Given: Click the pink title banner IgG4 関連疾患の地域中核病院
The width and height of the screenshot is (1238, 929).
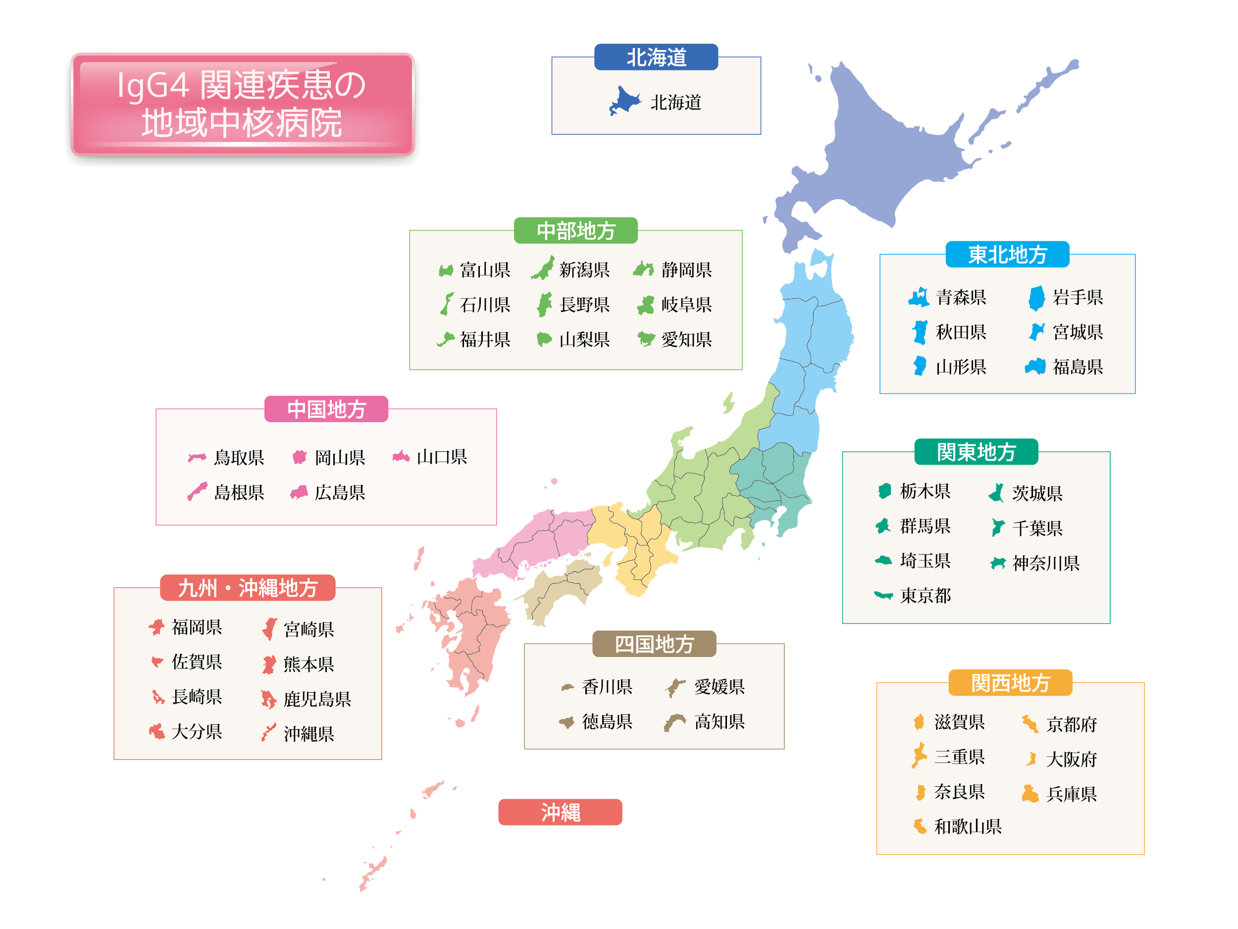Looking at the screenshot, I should (x=242, y=104).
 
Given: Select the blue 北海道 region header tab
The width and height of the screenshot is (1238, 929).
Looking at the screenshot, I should (x=656, y=57).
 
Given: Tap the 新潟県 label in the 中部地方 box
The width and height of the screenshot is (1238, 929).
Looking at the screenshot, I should (x=584, y=270).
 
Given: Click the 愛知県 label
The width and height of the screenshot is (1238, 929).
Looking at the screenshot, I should (x=686, y=339).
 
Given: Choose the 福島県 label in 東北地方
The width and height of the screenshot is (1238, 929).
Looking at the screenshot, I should (x=1078, y=367).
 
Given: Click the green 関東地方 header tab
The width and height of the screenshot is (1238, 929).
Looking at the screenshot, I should (x=976, y=452).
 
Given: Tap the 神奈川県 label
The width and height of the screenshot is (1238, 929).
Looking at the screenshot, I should (x=1045, y=563).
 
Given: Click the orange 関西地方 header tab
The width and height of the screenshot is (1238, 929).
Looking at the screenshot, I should (x=1010, y=683).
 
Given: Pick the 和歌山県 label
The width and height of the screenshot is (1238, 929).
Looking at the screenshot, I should (x=968, y=826).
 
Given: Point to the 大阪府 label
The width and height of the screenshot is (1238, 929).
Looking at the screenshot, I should (x=1071, y=760).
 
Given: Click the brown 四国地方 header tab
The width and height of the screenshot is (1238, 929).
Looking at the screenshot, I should (x=654, y=644).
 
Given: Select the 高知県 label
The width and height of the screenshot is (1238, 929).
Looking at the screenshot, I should (x=719, y=722).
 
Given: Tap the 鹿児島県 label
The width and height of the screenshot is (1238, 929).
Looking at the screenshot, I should (x=317, y=699).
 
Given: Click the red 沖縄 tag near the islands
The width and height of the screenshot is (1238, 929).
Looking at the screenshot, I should (x=560, y=812).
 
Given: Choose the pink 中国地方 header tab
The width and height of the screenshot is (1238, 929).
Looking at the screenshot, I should (x=326, y=409).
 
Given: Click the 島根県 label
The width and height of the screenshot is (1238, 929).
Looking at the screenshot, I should (x=239, y=492).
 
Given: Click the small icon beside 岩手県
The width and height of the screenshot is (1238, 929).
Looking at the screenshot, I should (x=1036, y=297).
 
